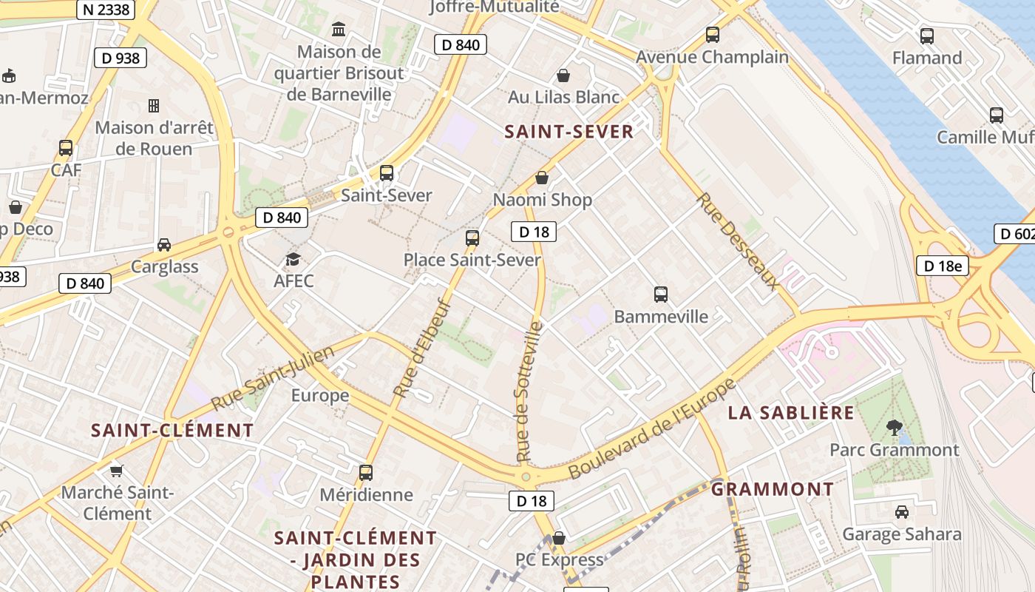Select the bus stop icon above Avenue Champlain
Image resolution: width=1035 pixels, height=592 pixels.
(713, 35)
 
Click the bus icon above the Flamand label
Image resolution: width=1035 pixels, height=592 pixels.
(926, 36)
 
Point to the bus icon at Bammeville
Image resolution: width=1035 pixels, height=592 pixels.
(661, 295)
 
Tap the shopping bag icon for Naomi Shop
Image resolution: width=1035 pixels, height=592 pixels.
(542, 178)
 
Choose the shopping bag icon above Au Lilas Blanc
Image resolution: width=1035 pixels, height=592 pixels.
(563, 75)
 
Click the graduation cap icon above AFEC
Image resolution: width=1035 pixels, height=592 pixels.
(293, 259)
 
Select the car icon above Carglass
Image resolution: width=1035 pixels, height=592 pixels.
(164, 244)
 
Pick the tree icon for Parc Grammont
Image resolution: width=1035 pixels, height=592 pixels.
(895, 427)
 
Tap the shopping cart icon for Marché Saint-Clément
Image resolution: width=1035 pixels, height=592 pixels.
(116, 470)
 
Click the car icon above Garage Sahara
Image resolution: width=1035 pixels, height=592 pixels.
(902, 511)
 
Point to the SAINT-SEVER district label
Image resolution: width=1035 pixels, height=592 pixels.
(569, 132)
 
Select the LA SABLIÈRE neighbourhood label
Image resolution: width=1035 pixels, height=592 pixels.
(791, 413)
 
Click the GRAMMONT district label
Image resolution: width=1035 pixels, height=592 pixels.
(773, 489)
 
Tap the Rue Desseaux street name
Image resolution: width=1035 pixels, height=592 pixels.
(738, 241)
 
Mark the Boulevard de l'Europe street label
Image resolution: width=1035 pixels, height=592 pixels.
(653, 428)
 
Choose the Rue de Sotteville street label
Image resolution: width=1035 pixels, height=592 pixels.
(529, 391)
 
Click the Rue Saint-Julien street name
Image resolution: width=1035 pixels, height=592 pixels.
(259, 382)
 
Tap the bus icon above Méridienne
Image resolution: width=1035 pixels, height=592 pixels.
(366, 472)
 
